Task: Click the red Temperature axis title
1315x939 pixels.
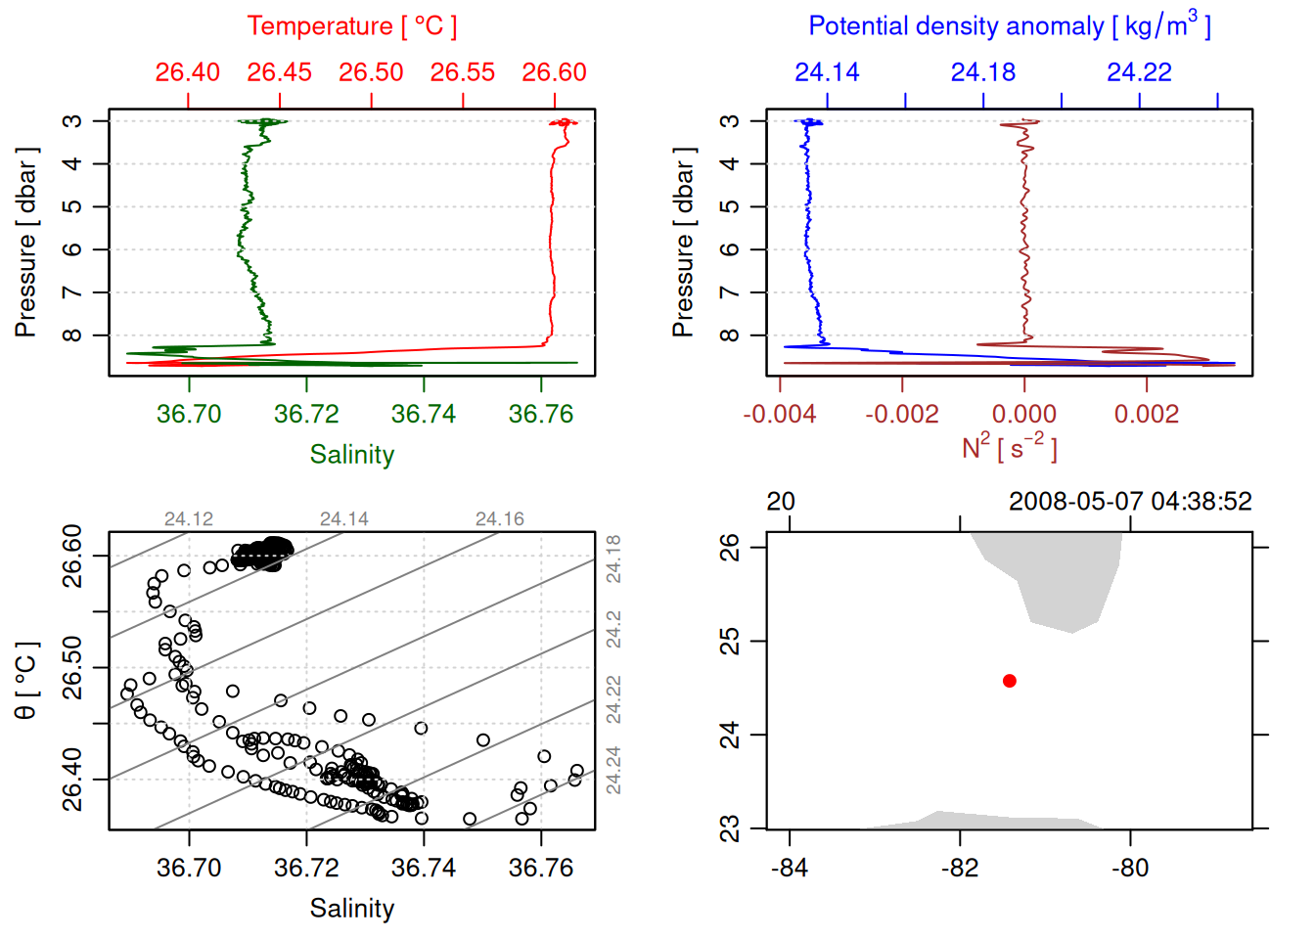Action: tap(351, 26)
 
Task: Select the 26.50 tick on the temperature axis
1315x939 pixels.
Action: tap(371, 72)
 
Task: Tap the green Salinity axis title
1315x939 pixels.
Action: tap(351, 455)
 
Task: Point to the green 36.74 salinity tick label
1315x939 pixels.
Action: tap(423, 414)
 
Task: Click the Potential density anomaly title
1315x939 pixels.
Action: tap(1009, 26)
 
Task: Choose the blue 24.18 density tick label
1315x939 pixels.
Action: tap(982, 72)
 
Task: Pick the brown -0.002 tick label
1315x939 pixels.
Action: tap(901, 414)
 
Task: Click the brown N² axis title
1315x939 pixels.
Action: tap(1009, 447)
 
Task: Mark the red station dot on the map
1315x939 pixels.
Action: tap(1009, 681)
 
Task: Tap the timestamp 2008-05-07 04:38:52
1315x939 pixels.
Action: tap(1130, 502)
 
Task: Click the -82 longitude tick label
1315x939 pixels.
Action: tap(960, 868)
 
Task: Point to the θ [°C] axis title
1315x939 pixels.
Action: tap(26, 681)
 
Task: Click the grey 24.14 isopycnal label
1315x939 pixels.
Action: tap(344, 519)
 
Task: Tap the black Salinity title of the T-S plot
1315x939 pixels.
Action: tap(351, 909)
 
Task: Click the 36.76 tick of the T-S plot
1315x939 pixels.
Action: tap(540, 868)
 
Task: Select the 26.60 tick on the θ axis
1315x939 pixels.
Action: tap(73, 557)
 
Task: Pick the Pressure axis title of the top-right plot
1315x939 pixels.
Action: tap(684, 243)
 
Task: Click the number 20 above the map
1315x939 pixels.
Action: tap(780, 502)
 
